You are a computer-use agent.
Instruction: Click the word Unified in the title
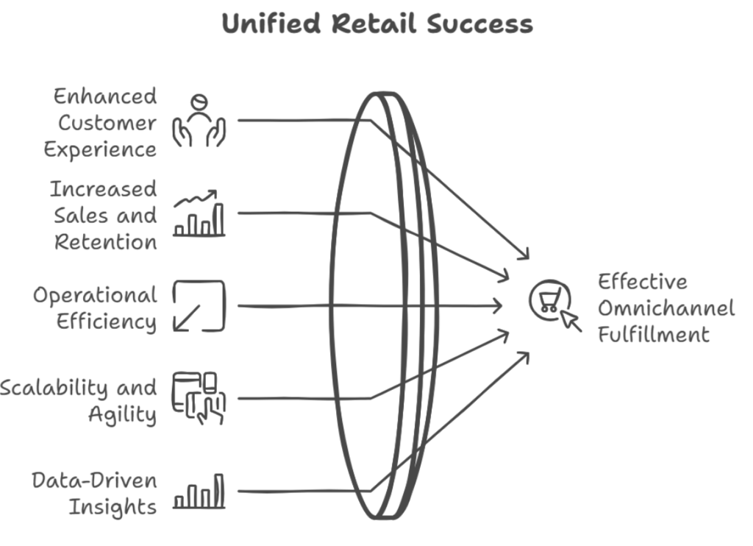pyautogui.click(x=271, y=23)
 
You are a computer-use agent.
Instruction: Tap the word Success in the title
pyautogui.click(x=479, y=23)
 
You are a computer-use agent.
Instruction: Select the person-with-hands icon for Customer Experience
pyautogui.click(x=199, y=121)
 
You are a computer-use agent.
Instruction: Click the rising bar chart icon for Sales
pyautogui.click(x=199, y=213)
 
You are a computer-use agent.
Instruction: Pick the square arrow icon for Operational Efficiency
pyautogui.click(x=199, y=306)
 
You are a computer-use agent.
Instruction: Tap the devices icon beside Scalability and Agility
pyautogui.click(x=199, y=398)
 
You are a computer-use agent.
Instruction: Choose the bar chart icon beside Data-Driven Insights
pyautogui.click(x=199, y=492)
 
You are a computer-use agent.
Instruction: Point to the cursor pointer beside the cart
pyautogui.click(x=571, y=321)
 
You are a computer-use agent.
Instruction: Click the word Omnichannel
pyautogui.click(x=666, y=308)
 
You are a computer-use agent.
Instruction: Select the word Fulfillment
pyautogui.click(x=654, y=335)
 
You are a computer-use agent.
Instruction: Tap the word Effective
pyautogui.click(x=643, y=282)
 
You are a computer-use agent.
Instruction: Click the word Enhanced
pyautogui.click(x=105, y=96)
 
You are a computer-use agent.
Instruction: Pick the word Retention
pyautogui.click(x=106, y=242)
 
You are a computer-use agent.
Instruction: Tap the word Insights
pyautogui.click(x=113, y=508)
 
